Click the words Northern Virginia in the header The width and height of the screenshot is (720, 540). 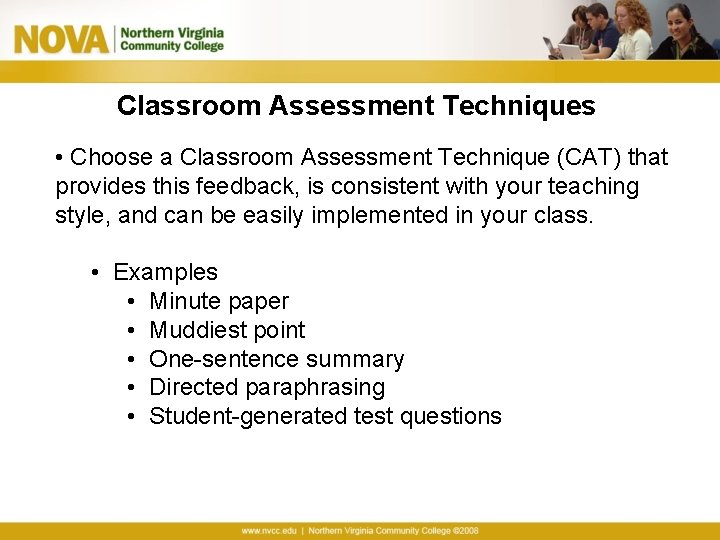pos(171,32)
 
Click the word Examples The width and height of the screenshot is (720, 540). pos(165,272)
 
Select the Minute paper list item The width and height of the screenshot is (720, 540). pos(219,301)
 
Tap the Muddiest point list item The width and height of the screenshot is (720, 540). pos(227,330)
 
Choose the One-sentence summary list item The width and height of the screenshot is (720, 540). pos(276,359)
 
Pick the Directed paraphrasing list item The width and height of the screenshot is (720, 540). pos(267,388)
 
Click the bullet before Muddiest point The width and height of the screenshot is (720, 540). pos(132,330)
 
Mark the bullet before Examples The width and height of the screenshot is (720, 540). pos(95,272)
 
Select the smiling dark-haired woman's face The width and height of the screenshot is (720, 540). pos(691,22)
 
